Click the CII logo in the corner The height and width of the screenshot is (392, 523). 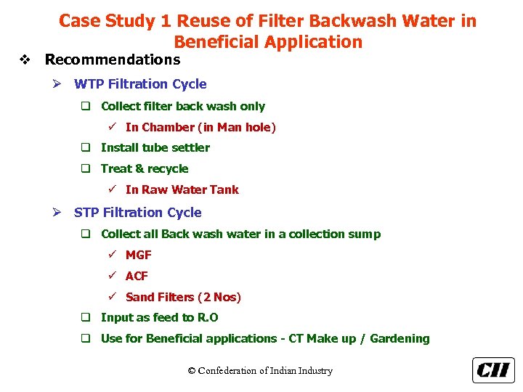coord(493,370)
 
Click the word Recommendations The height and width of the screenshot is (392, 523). coord(113,60)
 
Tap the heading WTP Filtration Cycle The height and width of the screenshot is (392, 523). coord(140,84)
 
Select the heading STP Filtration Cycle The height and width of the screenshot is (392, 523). coord(137,213)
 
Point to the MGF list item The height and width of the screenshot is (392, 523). coord(139,255)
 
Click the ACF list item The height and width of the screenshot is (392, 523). coord(137,276)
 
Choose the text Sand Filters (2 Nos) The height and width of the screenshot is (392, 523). coord(183,297)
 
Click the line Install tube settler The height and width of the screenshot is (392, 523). coord(155,147)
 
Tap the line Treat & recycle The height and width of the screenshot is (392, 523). coord(145,168)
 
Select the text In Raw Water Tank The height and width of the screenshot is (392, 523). coord(182,189)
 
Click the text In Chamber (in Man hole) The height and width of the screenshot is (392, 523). coord(200,127)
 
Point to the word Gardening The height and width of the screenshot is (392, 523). coord(400,338)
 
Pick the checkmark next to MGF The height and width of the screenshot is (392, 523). coord(113,255)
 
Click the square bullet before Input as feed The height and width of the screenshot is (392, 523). coord(85,317)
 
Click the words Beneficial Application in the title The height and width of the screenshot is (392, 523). coord(268,41)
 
